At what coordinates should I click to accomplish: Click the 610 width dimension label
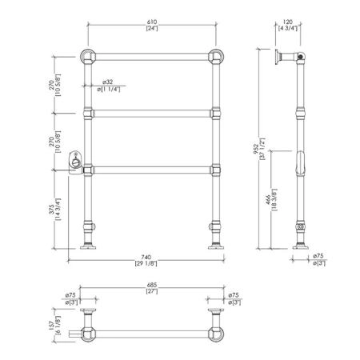[x=152, y=22]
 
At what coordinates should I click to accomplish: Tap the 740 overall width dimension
[x=146, y=258]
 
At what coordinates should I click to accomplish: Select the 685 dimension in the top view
[x=152, y=285]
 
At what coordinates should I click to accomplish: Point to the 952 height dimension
[x=255, y=149]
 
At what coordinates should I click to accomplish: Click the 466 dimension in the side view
[x=268, y=200]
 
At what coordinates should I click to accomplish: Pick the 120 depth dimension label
[x=288, y=22]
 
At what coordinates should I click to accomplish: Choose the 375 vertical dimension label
[x=51, y=210]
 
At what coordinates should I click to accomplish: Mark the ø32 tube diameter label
[x=107, y=82]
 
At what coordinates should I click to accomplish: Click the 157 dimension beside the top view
[x=51, y=326]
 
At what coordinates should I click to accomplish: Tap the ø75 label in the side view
[x=318, y=256]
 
